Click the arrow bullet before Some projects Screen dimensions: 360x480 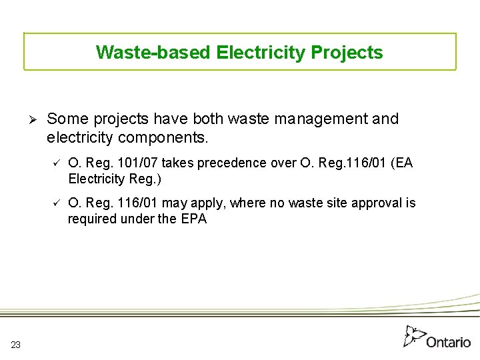(x=31, y=119)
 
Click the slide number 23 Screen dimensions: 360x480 (x=15, y=345)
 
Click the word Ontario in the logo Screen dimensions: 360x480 (x=448, y=342)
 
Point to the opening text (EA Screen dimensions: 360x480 (x=402, y=163)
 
